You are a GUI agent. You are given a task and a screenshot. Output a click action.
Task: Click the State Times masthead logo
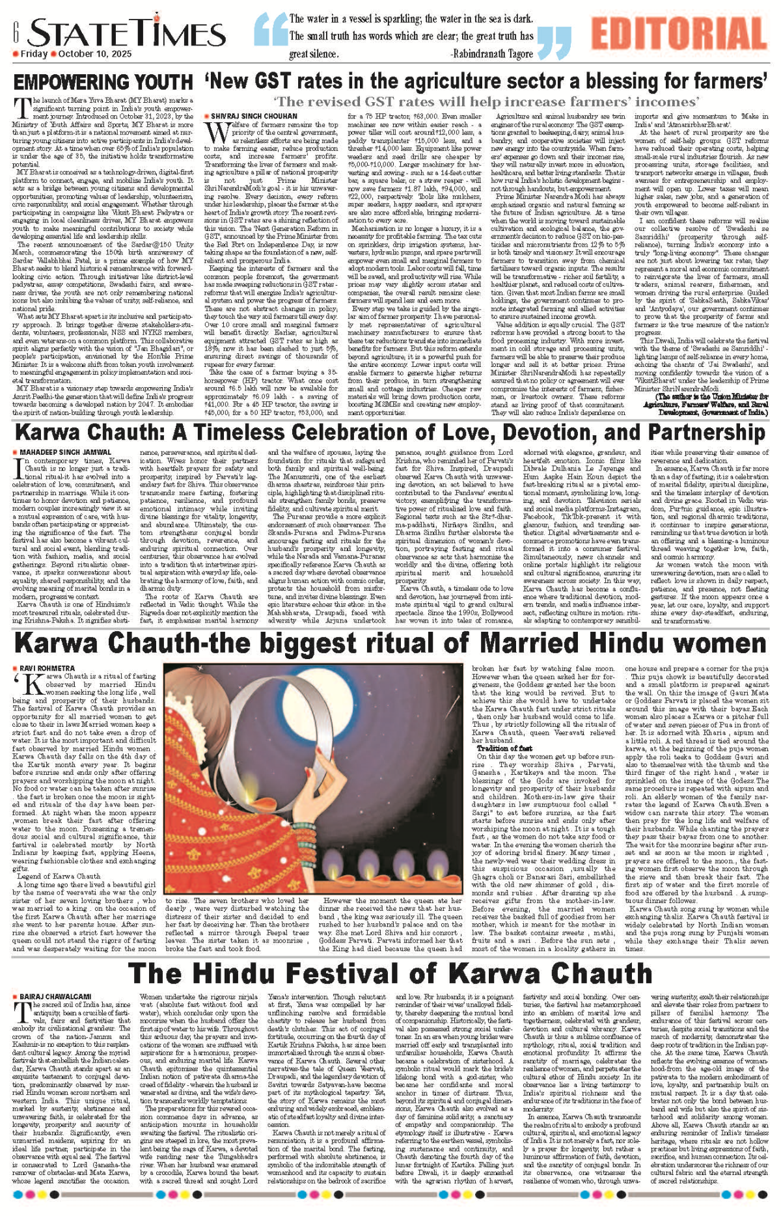[x=127, y=33]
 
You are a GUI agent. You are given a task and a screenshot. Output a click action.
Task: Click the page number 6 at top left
[x=14, y=29]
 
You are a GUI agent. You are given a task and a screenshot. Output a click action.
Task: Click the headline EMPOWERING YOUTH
[x=103, y=83]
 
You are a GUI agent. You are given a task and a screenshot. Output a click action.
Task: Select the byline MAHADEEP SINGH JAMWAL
[x=65, y=452]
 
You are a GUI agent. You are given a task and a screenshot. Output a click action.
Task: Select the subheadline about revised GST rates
[x=486, y=101]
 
